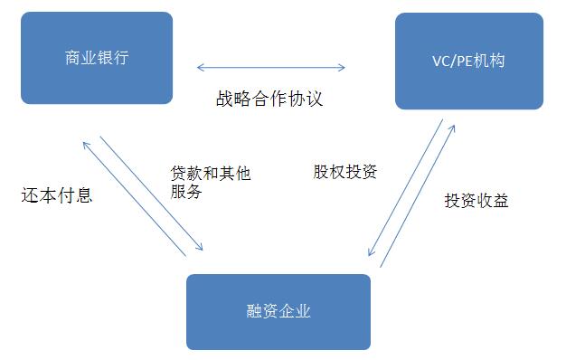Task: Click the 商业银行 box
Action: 97,58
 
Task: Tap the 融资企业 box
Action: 278,311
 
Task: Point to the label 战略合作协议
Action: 269,99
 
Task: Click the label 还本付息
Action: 56,195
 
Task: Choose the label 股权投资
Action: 345,172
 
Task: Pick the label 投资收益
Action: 476,201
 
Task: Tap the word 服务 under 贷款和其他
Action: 186,192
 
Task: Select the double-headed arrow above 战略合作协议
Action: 271,66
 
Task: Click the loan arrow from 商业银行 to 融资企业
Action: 152,194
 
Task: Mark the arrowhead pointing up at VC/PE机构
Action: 452,124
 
